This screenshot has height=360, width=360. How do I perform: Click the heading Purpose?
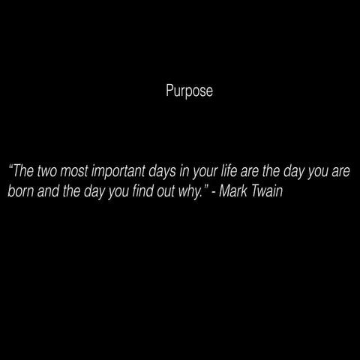coord(189,92)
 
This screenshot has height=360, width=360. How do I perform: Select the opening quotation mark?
coord(10,167)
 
